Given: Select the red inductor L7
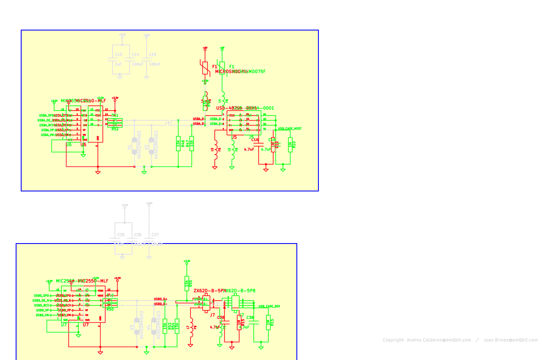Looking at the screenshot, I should (x=191, y=329).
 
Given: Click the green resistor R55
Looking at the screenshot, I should (x=186, y=282).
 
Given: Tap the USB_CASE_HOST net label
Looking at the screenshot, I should (x=290, y=128).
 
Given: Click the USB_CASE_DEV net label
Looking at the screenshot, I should (x=269, y=306).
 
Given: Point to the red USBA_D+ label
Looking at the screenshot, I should (x=199, y=119).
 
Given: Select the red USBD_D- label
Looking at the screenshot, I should (x=160, y=304).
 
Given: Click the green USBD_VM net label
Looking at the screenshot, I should (x=42, y=315).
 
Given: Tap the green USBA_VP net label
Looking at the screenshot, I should (x=47, y=130).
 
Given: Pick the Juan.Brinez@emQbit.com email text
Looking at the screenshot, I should (x=510, y=340).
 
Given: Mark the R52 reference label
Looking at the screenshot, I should (x=115, y=129).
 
